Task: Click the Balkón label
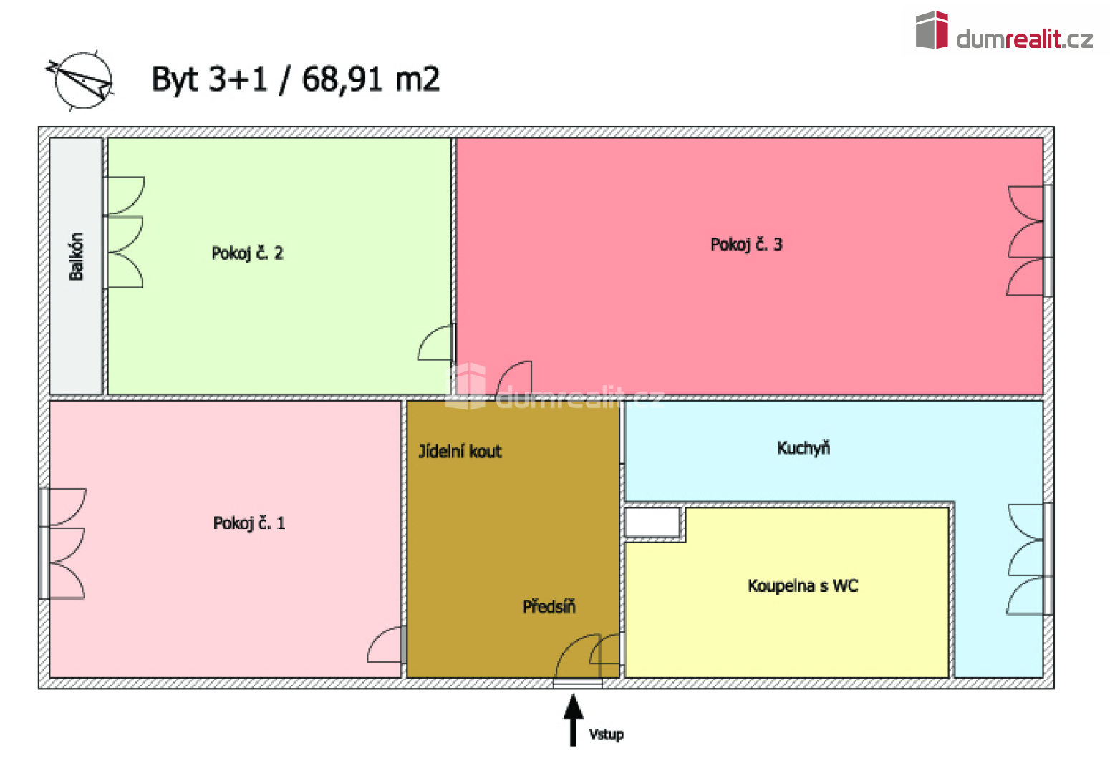click(x=77, y=257)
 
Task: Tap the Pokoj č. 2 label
click(x=247, y=253)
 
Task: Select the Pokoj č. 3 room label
click(x=746, y=245)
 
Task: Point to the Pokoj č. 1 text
click(x=249, y=523)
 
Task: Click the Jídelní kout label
click(x=460, y=452)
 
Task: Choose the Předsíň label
click(x=549, y=607)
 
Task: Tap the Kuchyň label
click(x=803, y=449)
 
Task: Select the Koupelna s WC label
click(x=803, y=586)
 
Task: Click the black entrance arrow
click(x=574, y=720)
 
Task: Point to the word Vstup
click(x=606, y=735)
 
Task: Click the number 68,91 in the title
click(x=342, y=79)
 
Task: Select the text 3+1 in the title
click(x=238, y=79)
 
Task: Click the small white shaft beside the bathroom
click(x=652, y=522)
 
